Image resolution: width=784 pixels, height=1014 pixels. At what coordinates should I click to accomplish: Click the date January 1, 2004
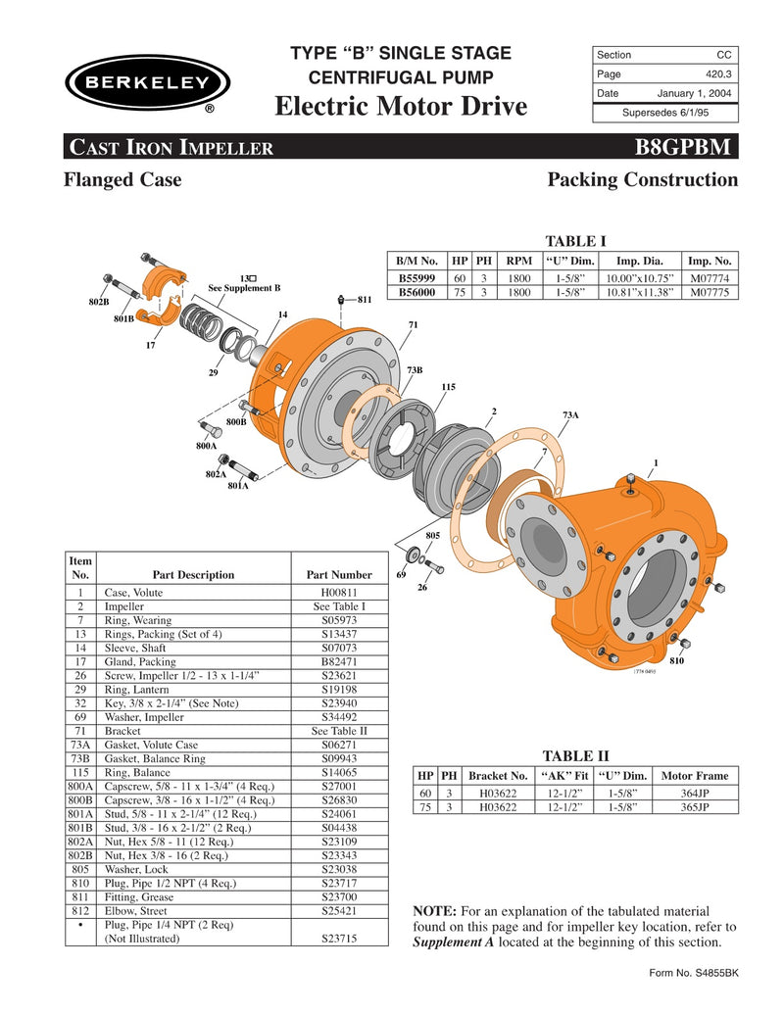[695, 93]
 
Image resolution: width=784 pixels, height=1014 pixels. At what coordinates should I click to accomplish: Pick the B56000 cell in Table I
[417, 292]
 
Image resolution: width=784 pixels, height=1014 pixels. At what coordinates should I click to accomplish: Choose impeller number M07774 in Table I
[710, 277]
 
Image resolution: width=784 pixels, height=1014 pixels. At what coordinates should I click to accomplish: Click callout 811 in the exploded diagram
[364, 300]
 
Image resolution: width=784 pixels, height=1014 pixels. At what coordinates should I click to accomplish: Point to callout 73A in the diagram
[569, 415]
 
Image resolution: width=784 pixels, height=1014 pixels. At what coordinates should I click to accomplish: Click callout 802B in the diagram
[99, 303]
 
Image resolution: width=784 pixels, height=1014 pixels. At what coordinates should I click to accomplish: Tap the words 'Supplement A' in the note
[449, 942]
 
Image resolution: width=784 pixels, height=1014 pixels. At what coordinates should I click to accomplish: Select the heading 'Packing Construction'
[642, 180]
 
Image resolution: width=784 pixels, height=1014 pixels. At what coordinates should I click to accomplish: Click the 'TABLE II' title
[575, 755]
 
